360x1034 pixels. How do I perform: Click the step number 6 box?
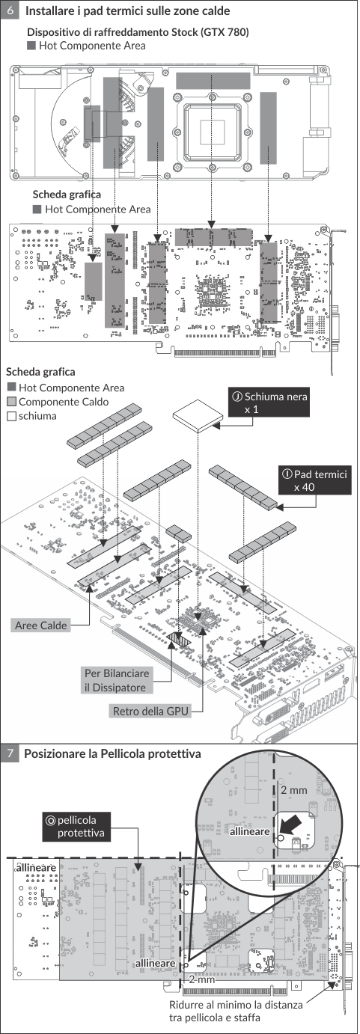10,10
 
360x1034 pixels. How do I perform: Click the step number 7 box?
10,754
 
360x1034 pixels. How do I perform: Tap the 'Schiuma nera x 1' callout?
269,403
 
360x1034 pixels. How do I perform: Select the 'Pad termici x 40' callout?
315,480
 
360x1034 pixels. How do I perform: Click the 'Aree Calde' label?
40,625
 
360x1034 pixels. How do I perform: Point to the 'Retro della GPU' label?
151,711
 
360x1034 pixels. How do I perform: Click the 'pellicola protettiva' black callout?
76,826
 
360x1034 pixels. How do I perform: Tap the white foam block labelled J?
198,415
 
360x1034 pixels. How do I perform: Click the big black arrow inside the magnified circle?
292,823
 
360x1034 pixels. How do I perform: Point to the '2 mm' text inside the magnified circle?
294,790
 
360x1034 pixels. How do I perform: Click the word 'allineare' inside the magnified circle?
250,831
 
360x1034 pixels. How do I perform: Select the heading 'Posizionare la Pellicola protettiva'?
112,754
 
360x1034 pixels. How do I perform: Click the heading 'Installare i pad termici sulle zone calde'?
127,10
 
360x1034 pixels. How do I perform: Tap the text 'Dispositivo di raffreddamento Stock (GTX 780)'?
138,32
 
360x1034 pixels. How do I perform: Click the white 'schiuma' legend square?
12,417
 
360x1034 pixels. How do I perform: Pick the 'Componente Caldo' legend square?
12,402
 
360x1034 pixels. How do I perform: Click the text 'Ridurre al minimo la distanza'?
236,1005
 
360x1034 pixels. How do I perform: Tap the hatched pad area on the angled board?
179,639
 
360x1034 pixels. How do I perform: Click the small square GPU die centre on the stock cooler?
213,131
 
